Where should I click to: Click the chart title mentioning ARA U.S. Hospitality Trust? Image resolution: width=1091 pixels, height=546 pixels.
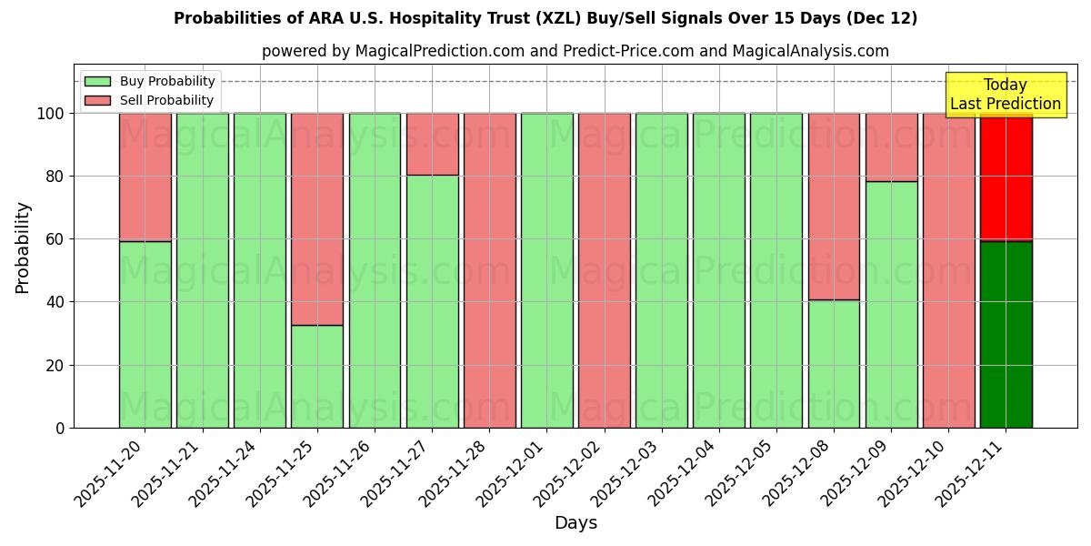(545, 18)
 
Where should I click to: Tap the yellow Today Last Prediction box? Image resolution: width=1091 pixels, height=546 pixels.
(1005, 95)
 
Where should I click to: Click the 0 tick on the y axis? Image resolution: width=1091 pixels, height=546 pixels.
(60, 428)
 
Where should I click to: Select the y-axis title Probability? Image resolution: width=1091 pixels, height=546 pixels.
(23, 248)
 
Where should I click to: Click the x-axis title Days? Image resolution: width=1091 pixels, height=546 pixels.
(576, 523)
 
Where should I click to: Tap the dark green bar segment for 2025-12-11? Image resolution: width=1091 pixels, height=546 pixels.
(1006, 334)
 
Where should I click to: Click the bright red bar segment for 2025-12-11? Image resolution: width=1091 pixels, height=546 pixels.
(1006, 177)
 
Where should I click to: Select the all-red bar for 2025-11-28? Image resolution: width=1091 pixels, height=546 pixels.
(489, 270)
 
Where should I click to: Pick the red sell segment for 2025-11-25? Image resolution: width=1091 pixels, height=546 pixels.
(317, 218)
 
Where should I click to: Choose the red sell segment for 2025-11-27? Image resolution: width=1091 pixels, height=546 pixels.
(432, 144)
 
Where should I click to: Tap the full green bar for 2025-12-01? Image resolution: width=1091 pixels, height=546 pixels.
(546, 270)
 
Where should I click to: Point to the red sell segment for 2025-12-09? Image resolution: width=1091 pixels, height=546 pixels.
(891, 147)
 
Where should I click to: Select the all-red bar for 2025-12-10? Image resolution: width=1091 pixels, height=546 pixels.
(948, 270)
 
